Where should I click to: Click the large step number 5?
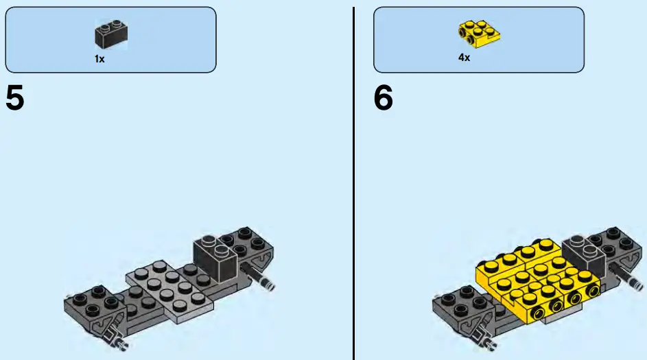coord(15,99)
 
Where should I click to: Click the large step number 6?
coord(384,99)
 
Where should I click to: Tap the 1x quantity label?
coord(99,59)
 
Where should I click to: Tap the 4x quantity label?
coord(464,58)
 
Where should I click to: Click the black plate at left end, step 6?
coord(456,302)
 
